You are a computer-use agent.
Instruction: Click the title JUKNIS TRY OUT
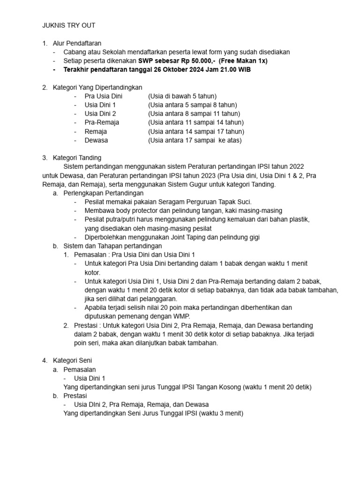coord(68,25)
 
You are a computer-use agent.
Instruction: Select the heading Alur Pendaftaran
coord(77,44)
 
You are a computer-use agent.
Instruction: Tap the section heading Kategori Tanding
coord(77,157)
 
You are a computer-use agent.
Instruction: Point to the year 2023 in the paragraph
coord(200,175)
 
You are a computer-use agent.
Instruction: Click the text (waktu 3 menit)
coord(221,413)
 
